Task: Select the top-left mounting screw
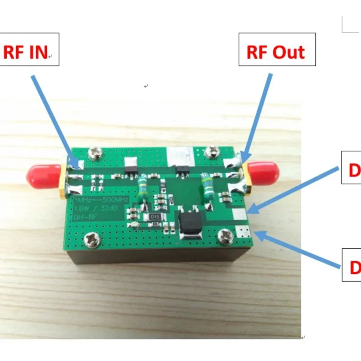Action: [95, 153]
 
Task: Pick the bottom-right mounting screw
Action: [224, 235]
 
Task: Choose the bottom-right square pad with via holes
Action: [242, 232]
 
